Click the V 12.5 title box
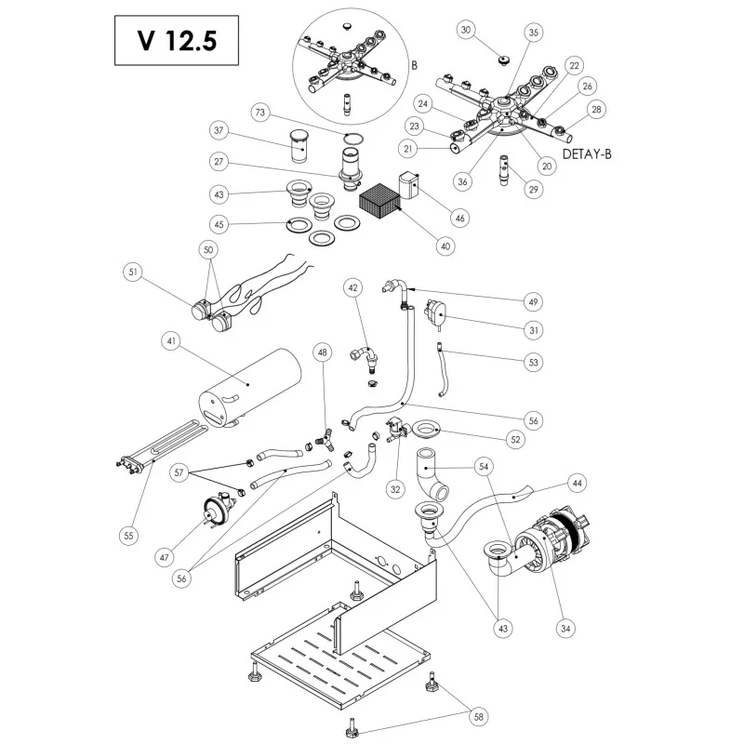167,40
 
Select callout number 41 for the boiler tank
171,342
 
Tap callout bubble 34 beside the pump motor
564,628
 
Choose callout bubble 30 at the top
467,30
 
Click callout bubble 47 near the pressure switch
164,557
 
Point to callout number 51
135,272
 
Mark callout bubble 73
260,113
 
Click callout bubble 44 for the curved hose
578,484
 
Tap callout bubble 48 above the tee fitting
323,352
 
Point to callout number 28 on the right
596,110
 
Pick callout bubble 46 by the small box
459,218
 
